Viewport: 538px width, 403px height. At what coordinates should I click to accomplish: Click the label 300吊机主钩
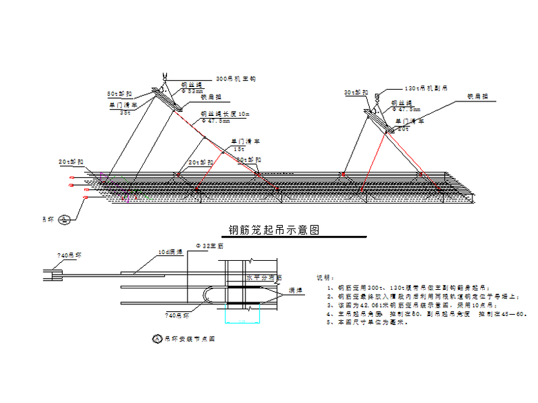(236, 79)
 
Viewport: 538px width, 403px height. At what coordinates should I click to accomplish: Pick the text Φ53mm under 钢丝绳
(192, 91)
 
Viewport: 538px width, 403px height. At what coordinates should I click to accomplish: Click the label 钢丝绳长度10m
(221, 113)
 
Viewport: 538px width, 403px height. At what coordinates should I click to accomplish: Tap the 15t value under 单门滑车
(239, 149)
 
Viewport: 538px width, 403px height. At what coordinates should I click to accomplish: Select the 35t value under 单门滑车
(126, 112)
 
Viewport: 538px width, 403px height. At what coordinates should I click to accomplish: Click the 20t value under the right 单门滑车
(404, 128)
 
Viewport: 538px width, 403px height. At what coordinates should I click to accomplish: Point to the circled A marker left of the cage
(64, 219)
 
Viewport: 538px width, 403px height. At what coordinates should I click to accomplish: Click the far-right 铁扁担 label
(478, 97)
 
